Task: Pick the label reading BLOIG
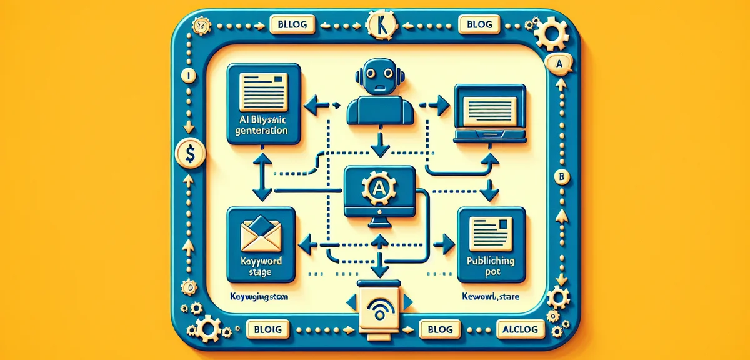pyautogui.click(x=264, y=328)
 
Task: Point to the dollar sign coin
pyautogui.click(x=188, y=152)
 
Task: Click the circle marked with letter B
pyautogui.click(x=562, y=177)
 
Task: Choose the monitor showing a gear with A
pyautogui.click(x=380, y=191)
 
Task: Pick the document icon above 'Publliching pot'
pyautogui.click(x=491, y=228)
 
